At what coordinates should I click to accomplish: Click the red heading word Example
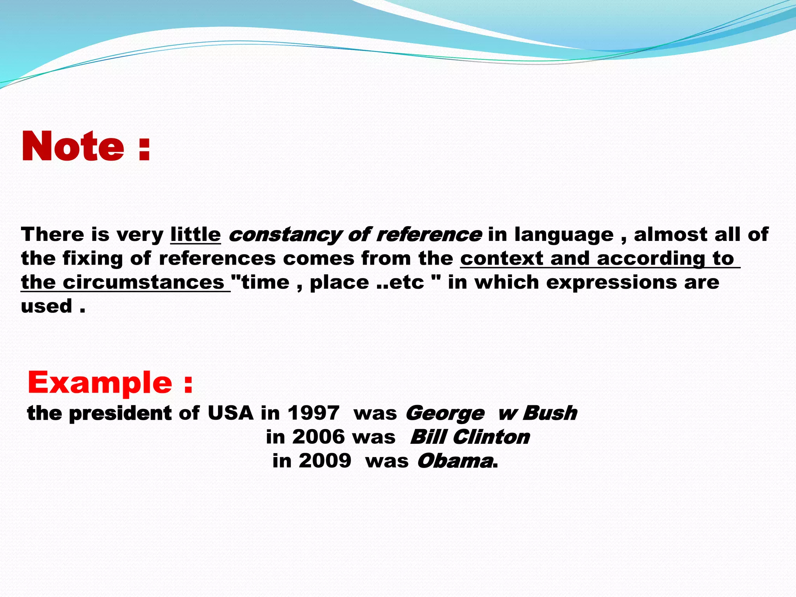pyautogui.click(x=99, y=382)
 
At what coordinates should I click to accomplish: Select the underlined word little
pyautogui.click(x=196, y=234)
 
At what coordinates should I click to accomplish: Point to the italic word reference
pyautogui.click(x=429, y=234)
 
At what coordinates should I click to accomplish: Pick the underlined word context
pyautogui.click(x=502, y=258)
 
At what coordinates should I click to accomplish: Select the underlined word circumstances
pyautogui.click(x=143, y=282)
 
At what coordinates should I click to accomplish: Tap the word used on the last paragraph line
pyautogui.click(x=47, y=306)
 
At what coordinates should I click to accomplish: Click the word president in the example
pyautogui.click(x=120, y=413)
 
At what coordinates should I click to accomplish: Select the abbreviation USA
pyautogui.click(x=230, y=413)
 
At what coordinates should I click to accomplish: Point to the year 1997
pyautogui.click(x=313, y=413)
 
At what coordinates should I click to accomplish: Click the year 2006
pyautogui.click(x=319, y=437)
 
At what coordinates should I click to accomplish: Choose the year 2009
pyautogui.click(x=325, y=461)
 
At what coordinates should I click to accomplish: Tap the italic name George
pyautogui.click(x=445, y=414)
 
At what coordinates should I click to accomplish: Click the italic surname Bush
pyautogui.click(x=550, y=413)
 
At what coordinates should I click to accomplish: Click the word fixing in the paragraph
pyautogui.click(x=93, y=259)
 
